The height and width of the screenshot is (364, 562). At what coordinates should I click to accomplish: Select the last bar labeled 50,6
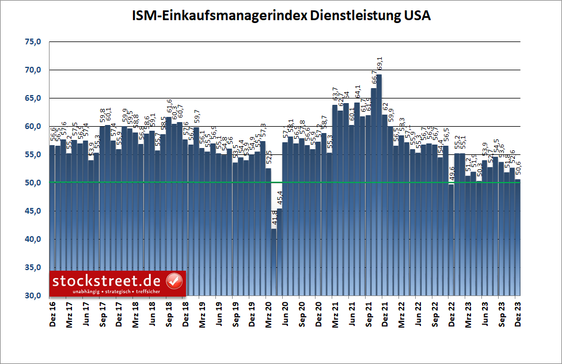coord(518,236)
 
